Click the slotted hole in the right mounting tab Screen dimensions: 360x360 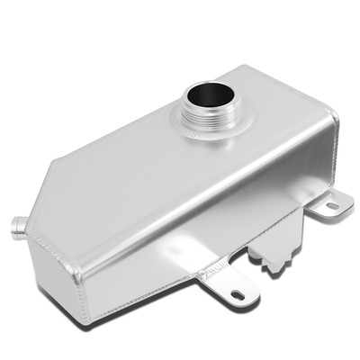tap(331, 206)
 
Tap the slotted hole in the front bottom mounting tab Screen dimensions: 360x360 tap(236, 294)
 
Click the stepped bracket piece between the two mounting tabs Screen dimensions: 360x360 tap(274, 247)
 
